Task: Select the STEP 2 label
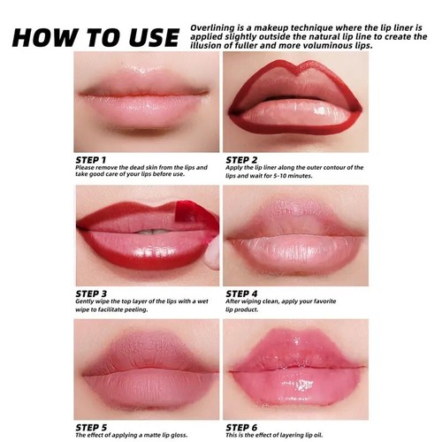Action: pos(243,159)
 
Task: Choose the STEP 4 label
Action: pos(243,293)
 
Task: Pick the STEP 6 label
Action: pos(243,427)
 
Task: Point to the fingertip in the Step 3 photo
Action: pos(213,255)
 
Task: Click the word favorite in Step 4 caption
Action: pos(328,301)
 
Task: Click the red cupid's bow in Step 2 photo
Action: pos(293,72)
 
